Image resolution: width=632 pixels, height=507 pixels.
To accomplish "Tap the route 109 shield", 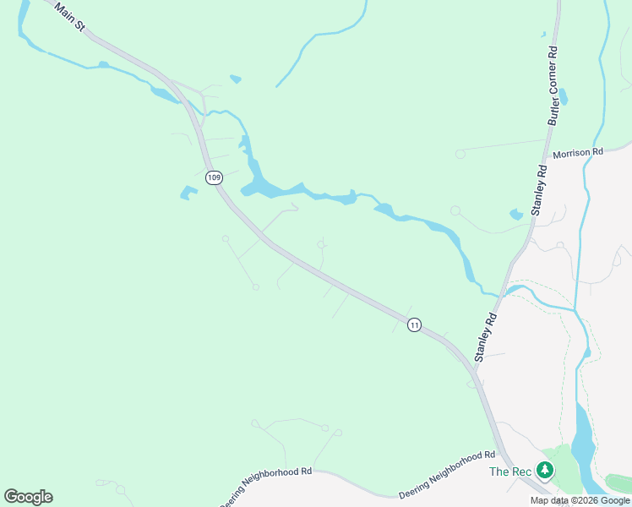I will point(215,177).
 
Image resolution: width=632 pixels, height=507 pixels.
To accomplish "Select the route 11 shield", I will point(414,324).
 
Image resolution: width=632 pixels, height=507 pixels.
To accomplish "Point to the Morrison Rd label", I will point(578,153).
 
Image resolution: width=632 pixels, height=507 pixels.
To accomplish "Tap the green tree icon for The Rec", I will point(546,471).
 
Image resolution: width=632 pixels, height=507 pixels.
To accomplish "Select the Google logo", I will point(28,497).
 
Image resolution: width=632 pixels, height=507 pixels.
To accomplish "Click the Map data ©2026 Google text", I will point(580,500).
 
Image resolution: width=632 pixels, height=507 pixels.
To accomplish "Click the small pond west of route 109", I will point(188,193).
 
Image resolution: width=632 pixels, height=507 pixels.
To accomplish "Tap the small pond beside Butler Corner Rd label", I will point(563,97).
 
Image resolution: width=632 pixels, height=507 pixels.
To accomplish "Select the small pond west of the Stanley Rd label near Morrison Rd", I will point(516,215).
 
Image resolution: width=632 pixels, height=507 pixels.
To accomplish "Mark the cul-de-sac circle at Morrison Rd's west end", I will point(460,154).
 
